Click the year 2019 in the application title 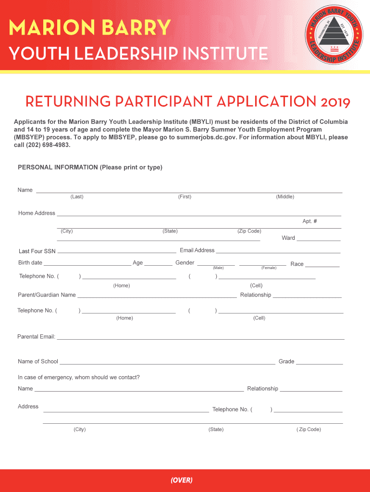pyautogui.click(x=333, y=102)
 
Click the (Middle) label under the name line pyautogui.click(x=285, y=197)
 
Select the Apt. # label pyautogui.click(x=309, y=221)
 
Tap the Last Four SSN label pyautogui.click(x=37, y=251)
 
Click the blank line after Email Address pyautogui.click(x=278, y=252)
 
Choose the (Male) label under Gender pyautogui.click(x=218, y=268)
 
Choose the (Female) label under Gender pyautogui.click(x=269, y=268)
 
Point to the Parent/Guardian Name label pyautogui.click(x=47, y=295)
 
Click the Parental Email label pyautogui.click(x=37, y=337)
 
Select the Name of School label pyautogui.click(x=38, y=361)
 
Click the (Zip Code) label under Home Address pyautogui.click(x=249, y=231)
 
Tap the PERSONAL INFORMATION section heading pyautogui.click(x=57, y=167)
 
